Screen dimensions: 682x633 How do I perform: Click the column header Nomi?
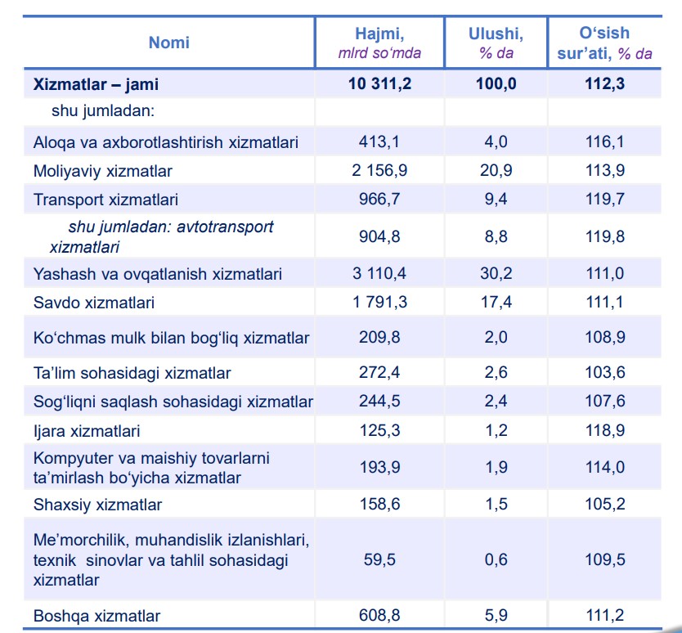point(168,43)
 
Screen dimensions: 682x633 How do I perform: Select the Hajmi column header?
point(379,34)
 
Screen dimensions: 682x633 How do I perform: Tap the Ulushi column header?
point(496,34)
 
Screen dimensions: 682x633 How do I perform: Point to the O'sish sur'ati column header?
point(604,43)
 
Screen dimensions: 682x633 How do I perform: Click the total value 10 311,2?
point(379,83)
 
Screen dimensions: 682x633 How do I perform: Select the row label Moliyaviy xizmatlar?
point(103,171)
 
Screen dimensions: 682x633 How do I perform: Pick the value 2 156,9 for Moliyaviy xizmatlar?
point(379,170)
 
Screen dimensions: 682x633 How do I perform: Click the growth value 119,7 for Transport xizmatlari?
point(604,199)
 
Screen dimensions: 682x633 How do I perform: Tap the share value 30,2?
point(496,273)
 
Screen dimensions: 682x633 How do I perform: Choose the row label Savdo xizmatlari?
point(94,303)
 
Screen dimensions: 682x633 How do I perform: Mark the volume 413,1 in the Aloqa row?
point(379,141)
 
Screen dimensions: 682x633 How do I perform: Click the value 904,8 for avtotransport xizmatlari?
point(379,236)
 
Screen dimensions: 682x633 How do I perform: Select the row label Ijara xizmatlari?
point(87,431)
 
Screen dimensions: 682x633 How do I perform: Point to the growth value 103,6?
point(605,372)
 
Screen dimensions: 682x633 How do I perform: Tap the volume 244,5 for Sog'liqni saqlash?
point(379,401)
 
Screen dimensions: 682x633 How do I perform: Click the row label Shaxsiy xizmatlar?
point(97,505)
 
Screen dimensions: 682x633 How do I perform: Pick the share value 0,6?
point(496,559)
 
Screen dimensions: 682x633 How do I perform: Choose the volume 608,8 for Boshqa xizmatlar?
point(379,615)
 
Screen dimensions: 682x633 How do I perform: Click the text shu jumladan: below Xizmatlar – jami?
point(103,111)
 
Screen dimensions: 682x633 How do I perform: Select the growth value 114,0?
point(604,467)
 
